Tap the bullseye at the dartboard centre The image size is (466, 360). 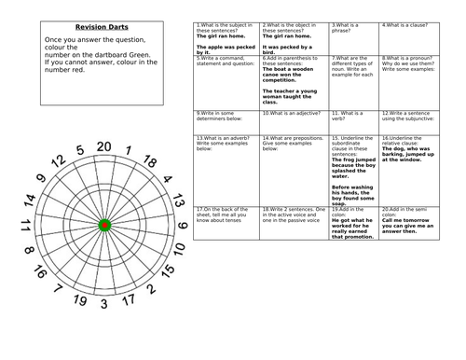coord(104,225)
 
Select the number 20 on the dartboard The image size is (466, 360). coord(105,146)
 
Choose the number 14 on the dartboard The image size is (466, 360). coord(31,201)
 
